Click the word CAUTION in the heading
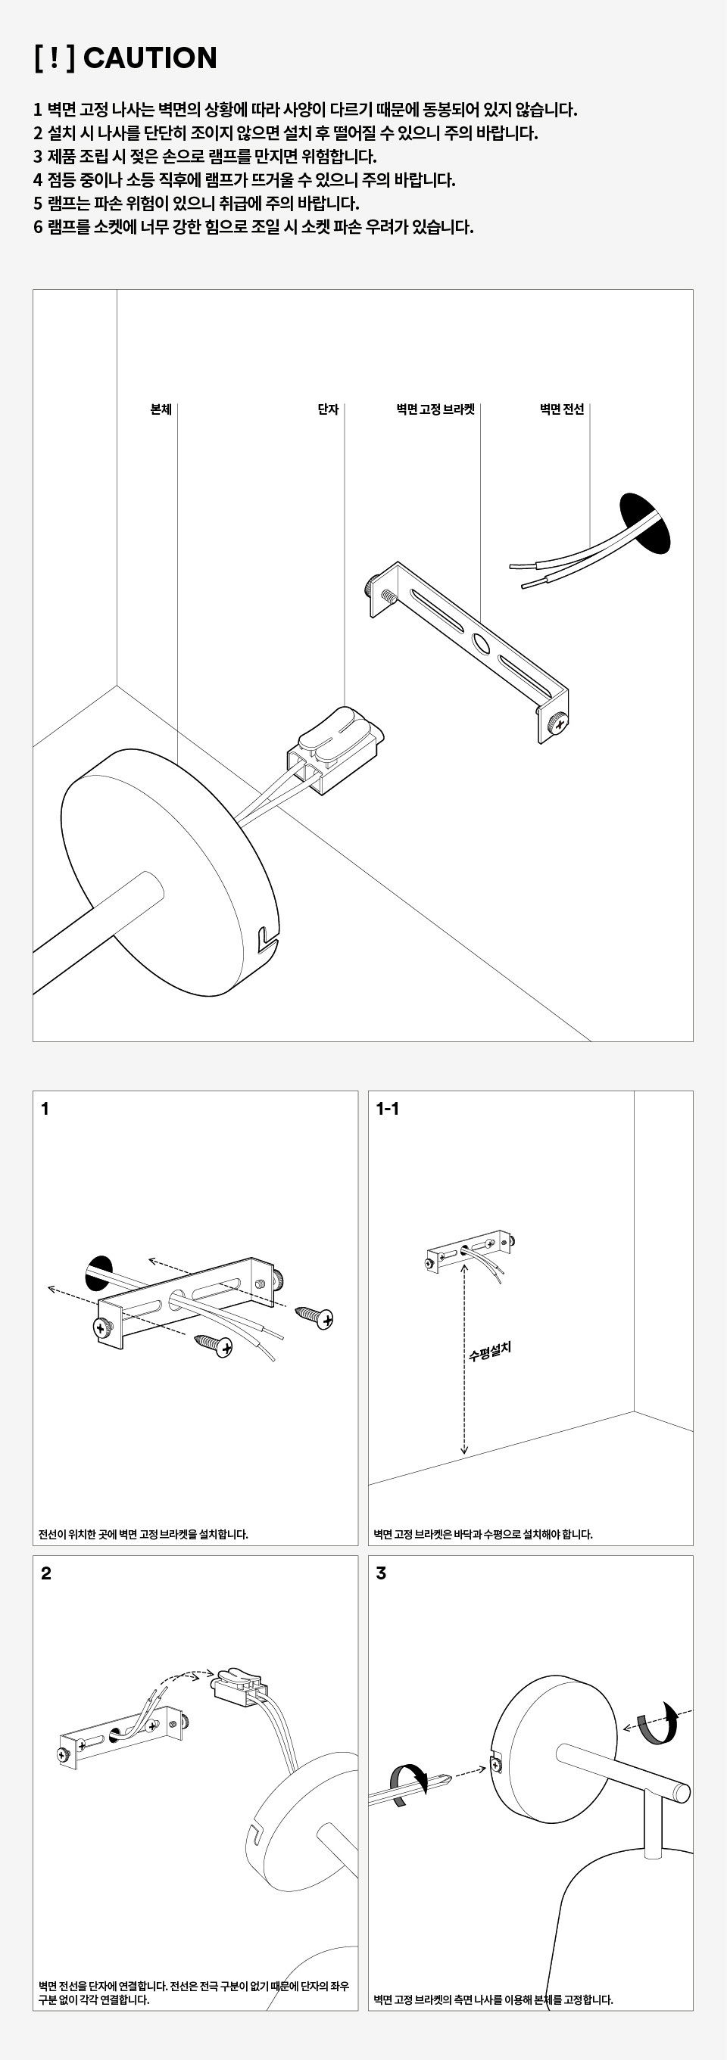(x=149, y=58)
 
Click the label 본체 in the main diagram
(x=161, y=409)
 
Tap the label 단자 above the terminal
(x=328, y=409)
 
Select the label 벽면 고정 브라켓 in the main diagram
(x=435, y=409)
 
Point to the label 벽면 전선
(x=561, y=409)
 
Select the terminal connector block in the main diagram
(x=334, y=749)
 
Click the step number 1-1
(x=387, y=1109)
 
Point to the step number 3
(x=381, y=1573)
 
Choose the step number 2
(x=45, y=1573)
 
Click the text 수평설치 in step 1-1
(x=489, y=1351)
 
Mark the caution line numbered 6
(x=254, y=227)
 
